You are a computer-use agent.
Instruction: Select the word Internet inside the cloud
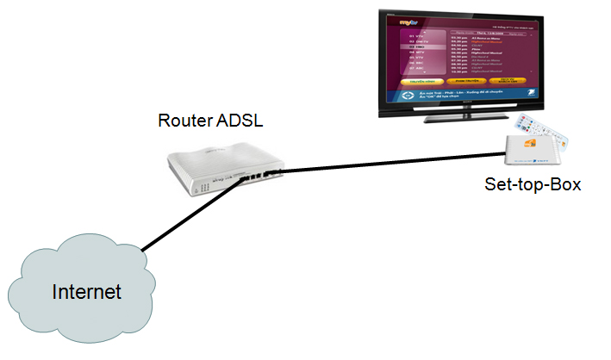pyautogui.click(x=87, y=291)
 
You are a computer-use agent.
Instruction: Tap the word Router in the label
pyautogui.click(x=183, y=120)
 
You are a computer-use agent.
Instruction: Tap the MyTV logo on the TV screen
pyautogui.click(x=406, y=16)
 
